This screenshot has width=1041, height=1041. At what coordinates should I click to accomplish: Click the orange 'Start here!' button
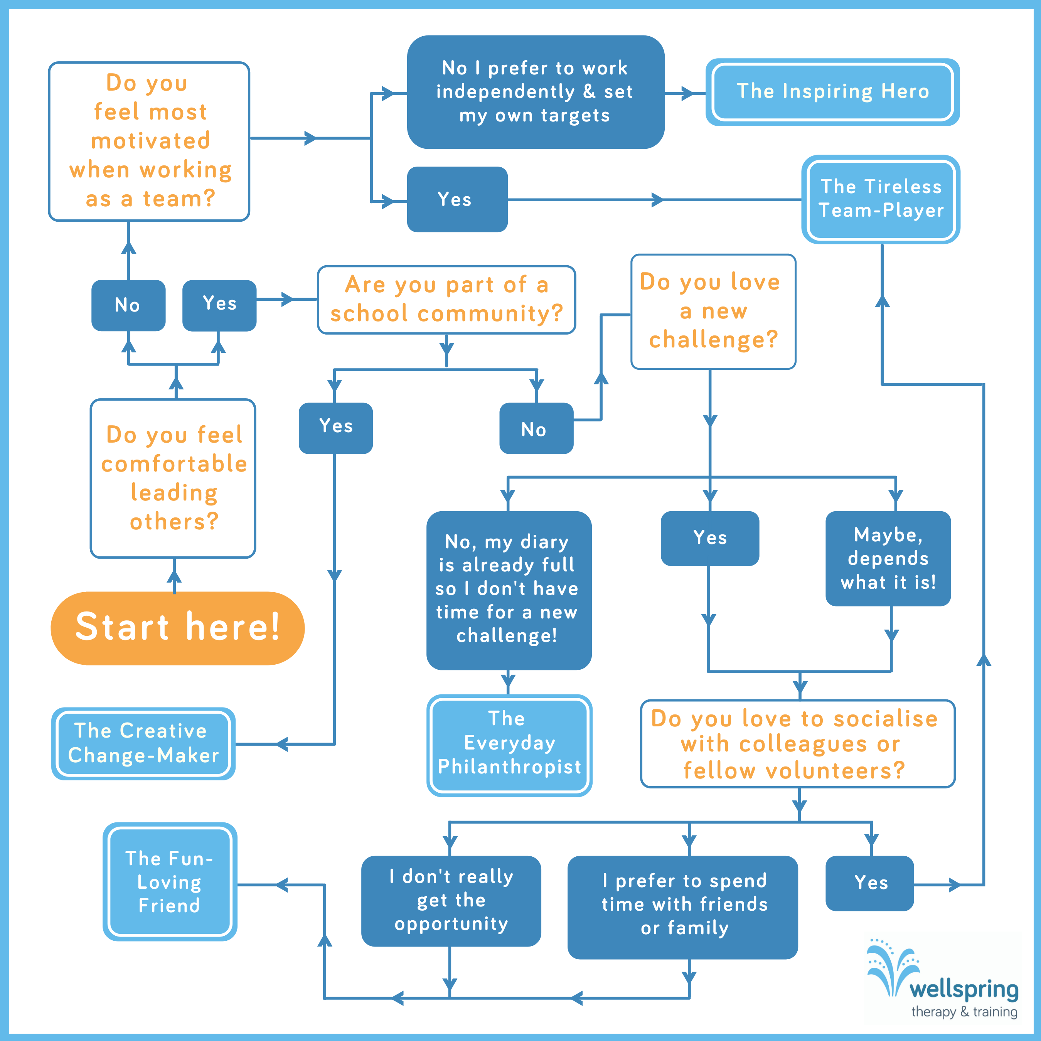click(x=177, y=628)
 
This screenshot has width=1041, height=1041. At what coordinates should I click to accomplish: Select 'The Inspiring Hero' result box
click(x=832, y=92)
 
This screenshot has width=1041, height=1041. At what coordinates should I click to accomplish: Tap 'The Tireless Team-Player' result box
click(x=881, y=199)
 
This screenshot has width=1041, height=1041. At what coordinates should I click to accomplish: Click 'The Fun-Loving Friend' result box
click(x=170, y=881)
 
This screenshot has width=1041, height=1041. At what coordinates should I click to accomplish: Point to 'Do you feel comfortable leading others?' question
click(x=173, y=478)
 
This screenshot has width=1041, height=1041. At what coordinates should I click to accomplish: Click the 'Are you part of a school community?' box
click(x=446, y=300)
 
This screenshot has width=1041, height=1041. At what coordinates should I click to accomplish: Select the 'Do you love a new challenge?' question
click(x=713, y=312)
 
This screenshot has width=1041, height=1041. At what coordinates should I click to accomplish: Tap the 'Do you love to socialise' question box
click(x=797, y=744)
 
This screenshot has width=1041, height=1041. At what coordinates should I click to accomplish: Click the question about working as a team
click(x=149, y=141)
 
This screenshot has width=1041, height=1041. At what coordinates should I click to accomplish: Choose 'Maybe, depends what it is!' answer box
click(x=888, y=558)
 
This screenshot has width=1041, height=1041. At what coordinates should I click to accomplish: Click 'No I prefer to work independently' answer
click(x=535, y=92)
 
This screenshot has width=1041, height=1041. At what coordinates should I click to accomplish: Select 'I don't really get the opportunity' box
click(x=451, y=900)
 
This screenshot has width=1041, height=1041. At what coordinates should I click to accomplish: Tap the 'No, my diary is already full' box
click(x=508, y=590)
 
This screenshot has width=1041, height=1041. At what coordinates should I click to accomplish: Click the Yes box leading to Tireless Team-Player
click(x=457, y=199)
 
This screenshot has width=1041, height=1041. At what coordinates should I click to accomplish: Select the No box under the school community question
click(x=536, y=428)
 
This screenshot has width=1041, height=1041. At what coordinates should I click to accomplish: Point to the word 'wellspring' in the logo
click(x=964, y=989)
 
